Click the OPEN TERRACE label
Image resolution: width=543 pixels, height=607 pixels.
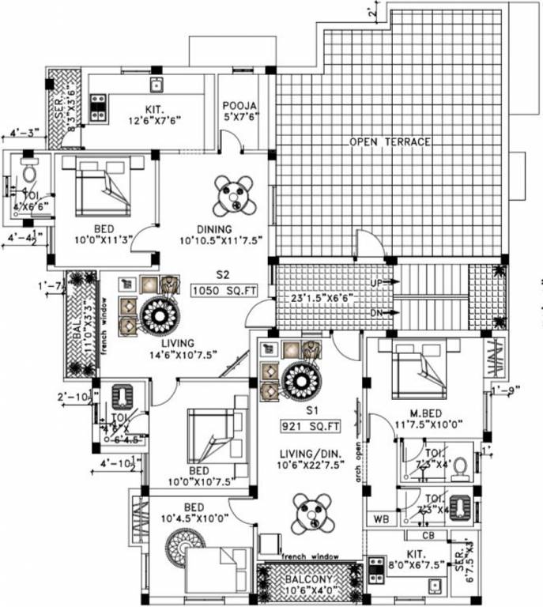point(391,141)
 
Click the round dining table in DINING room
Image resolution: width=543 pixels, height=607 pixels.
point(234,194)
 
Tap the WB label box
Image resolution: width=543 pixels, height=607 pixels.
point(381,520)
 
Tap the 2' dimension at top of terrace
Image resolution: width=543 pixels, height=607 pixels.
point(371,11)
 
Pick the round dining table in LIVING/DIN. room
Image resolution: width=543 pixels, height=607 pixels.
point(310,513)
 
